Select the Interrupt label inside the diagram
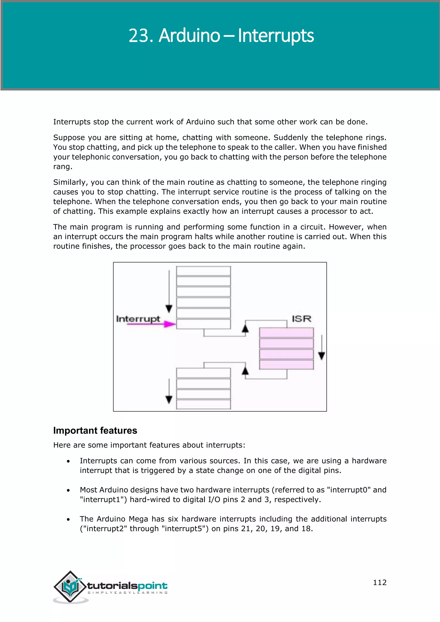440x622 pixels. (x=138, y=319)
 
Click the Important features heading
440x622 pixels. (x=95, y=430)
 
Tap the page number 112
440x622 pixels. (x=380, y=582)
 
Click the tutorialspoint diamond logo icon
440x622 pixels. (x=70, y=586)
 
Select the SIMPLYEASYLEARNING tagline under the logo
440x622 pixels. (x=128, y=593)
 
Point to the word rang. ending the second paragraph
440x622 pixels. (x=63, y=167)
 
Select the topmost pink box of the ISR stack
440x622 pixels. (x=286, y=333)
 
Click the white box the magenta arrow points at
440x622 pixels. (x=203, y=324)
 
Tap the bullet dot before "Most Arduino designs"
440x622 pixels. (x=68, y=490)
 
